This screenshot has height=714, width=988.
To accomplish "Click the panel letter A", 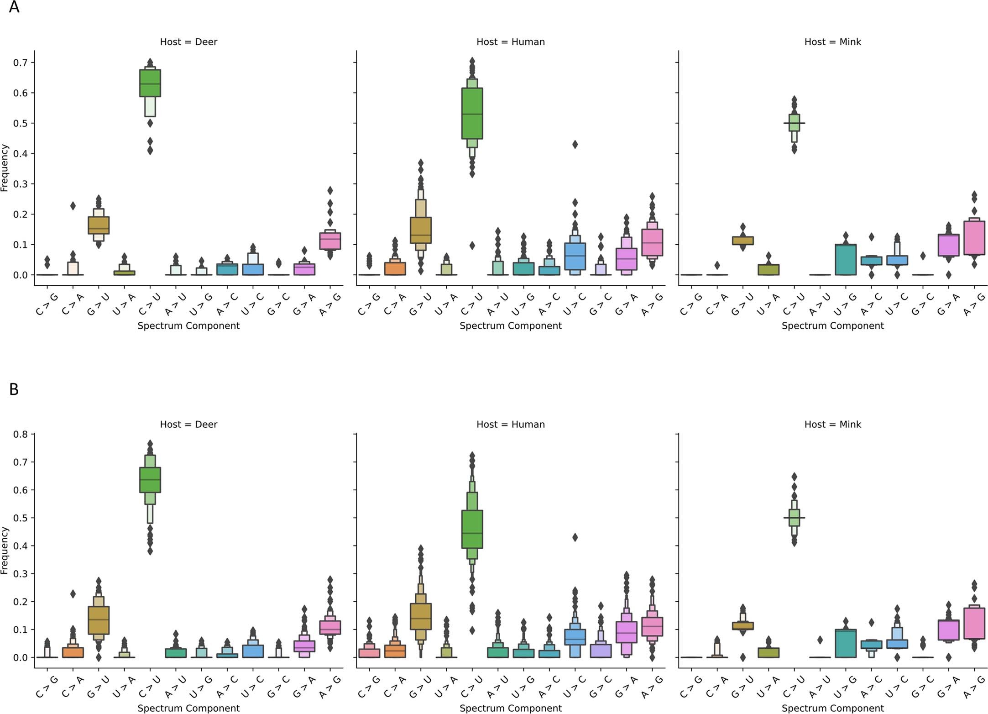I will tap(14, 7).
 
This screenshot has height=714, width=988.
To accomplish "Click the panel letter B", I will tap(14, 389).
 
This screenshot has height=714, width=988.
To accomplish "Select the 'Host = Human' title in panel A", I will tap(510, 42).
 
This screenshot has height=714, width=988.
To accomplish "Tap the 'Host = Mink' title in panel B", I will tap(832, 425).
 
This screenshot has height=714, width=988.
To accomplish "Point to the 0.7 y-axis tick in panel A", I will tap(21, 63).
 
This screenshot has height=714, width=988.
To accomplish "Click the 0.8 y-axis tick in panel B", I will tap(21, 434).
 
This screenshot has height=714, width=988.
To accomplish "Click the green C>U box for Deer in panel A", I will tap(150, 83).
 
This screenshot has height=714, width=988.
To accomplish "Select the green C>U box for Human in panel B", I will tap(472, 530).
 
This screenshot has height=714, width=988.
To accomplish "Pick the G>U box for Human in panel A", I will tap(420, 231).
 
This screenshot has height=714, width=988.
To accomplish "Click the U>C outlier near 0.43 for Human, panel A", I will tap(575, 145).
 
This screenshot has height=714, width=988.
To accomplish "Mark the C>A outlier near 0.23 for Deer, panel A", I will tap(73, 206).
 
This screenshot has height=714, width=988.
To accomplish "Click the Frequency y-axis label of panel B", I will tap(5, 551).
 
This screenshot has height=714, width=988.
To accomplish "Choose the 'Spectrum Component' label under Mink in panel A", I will tap(832, 326).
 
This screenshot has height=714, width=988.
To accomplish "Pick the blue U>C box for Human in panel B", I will tap(575, 637).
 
